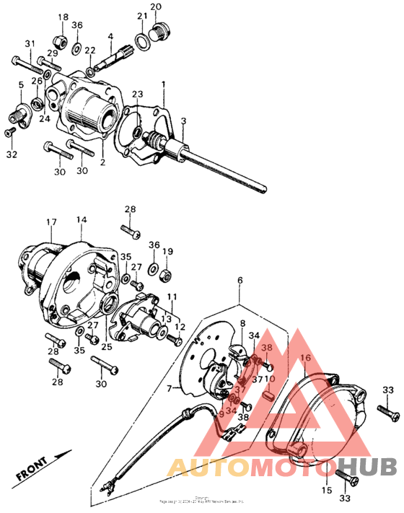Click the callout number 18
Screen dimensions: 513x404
click(x=63, y=17)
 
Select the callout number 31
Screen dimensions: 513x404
click(x=30, y=44)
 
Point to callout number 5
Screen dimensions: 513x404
click(x=20, y=85)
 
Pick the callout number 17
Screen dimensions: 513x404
click(x=51, y=222)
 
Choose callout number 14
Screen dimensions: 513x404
click(x=82, y=219)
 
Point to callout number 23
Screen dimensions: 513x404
click(x=137, y=94)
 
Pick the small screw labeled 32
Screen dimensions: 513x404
click(x=10, y=132)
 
